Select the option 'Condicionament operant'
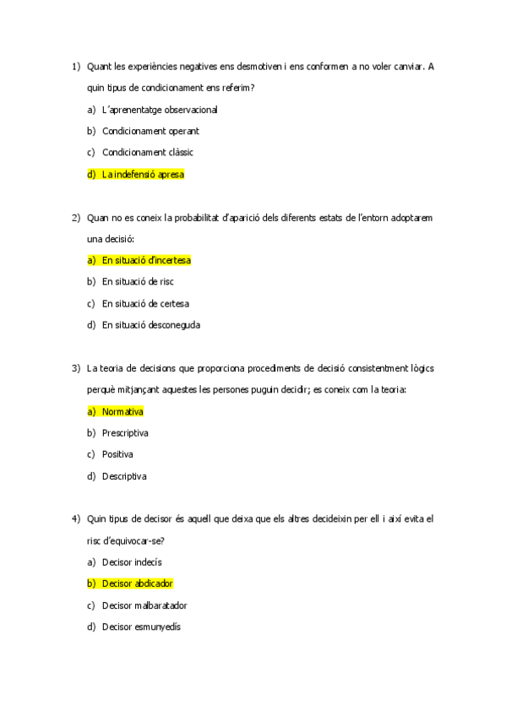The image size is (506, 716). (x=150, y=131)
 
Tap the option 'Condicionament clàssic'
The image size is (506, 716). (x=147, y=153)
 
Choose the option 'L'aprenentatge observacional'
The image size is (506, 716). (x=160, y=109)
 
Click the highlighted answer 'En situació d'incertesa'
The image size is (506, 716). (x=146, y=260)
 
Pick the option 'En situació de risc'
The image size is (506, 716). (x=137, y=282)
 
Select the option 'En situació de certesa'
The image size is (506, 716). (x=145, y=303)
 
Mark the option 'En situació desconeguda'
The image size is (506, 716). (x=151, y=325)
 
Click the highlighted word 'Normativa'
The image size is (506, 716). (x=122, y=411)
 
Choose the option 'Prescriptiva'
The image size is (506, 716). (x=125, y=433)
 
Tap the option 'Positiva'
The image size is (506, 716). (x=117, y=454)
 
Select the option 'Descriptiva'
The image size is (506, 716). (x=124, y=476)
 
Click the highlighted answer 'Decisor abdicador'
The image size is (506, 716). (x=138, y=583)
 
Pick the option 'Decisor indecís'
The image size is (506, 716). (x=132, y=561)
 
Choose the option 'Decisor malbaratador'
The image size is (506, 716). (x=144, y=605)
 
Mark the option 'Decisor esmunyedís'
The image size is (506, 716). (x=141, y=626)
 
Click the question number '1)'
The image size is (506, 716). (x=75, y=66)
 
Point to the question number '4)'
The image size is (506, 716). (x=75, y=518)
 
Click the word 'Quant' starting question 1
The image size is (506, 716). (x=100, y=66)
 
